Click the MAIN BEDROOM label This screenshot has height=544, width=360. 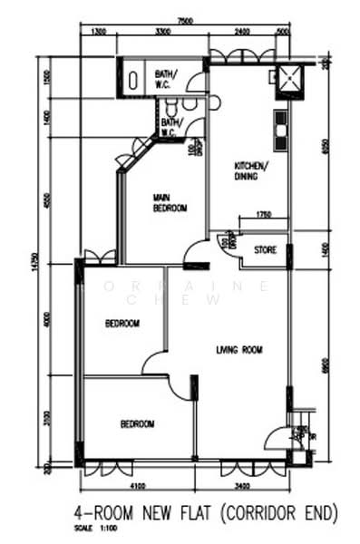pos(170,202)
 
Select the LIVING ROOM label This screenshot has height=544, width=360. pos(238,349)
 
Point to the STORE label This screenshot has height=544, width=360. pos(265,249)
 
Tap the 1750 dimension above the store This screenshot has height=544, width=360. pos(263,214)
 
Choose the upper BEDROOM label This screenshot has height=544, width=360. pos(122,324)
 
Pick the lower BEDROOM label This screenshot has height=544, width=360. pos(136,423)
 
